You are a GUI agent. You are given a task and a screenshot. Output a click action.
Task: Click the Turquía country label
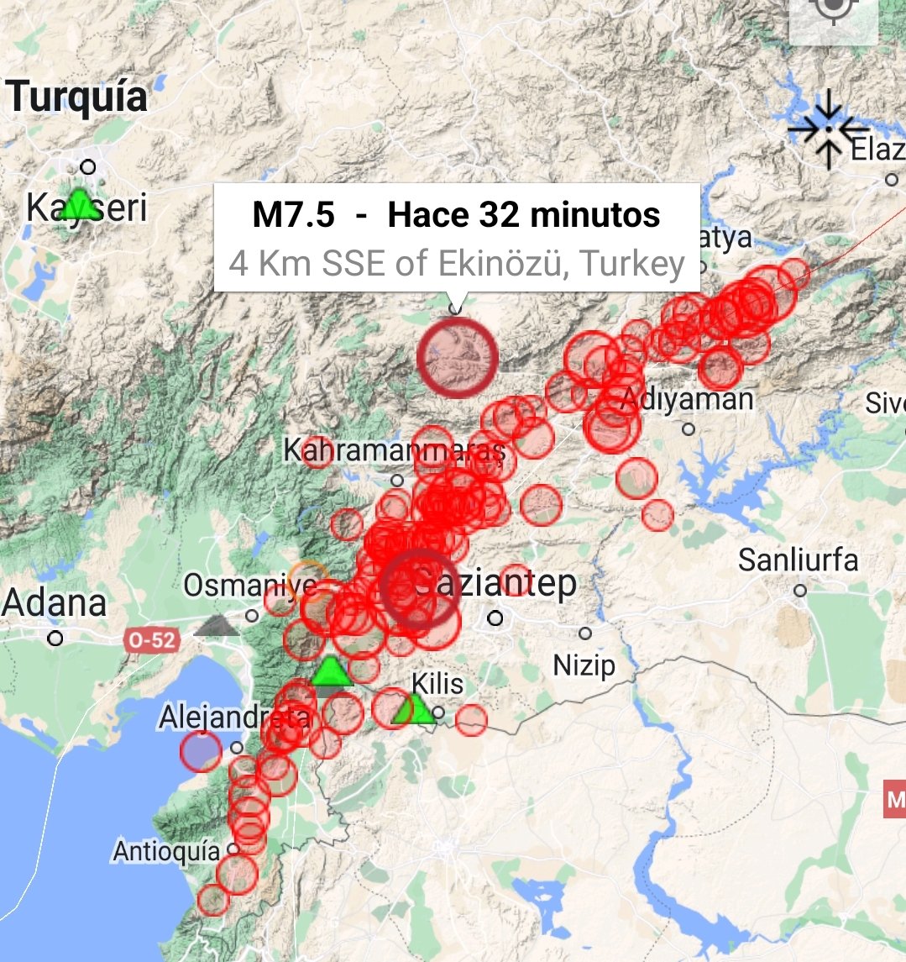point(77,97)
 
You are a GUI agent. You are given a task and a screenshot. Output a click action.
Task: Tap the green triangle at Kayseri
point(80,204)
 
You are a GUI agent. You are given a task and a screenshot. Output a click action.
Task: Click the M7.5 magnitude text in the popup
point(293,215)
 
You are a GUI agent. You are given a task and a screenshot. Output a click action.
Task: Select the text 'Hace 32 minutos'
point(524,215)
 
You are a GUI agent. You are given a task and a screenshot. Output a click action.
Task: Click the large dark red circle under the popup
point(458,357)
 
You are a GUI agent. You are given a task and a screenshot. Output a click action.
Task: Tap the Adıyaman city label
point(687,400)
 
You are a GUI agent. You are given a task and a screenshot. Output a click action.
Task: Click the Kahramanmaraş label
point(393,451)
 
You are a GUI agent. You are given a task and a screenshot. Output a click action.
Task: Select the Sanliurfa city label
point(798,560)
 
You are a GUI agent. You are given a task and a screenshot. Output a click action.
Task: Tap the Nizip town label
point(584,666)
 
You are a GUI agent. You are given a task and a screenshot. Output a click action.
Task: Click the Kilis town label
point(438,684)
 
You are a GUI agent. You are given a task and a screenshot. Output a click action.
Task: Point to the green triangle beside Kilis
point(413,710)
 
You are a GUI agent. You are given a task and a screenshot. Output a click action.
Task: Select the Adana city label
point(55,603)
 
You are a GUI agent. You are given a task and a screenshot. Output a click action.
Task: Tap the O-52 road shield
point(152,641)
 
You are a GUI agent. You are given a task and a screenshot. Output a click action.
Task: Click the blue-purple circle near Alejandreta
point(201,751)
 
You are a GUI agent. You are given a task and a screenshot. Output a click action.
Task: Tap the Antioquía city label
point(166,851)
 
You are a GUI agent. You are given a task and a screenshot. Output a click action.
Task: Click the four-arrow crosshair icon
point(828,129)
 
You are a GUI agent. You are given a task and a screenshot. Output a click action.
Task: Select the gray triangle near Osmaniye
point(217,625)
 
